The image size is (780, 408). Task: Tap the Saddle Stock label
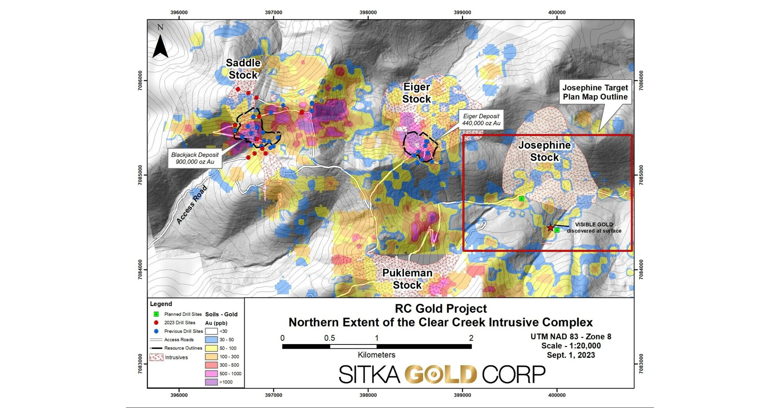(243, 69)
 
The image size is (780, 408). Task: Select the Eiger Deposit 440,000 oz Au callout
(481, 120)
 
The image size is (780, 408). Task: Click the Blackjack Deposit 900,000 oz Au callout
(195, 158)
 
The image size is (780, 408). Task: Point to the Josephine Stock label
(544, 151)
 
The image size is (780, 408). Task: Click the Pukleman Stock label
(407, 279)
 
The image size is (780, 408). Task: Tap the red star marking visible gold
(550, 228)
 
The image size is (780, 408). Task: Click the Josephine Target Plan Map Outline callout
(595, 92)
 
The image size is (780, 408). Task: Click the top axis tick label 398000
(368, 12)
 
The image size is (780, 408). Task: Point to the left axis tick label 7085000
(140, 175)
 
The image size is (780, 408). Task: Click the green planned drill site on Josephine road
(521, 199)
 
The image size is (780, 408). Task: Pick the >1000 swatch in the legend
(211, 382)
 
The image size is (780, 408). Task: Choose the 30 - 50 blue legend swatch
(211, 340)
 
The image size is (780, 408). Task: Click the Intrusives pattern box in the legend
(156, 357)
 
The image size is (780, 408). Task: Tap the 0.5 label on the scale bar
(329, 338)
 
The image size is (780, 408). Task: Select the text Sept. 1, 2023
(570, 355)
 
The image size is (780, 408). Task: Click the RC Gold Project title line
(441, 309)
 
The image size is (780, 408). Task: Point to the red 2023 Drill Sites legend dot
(156, 323)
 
